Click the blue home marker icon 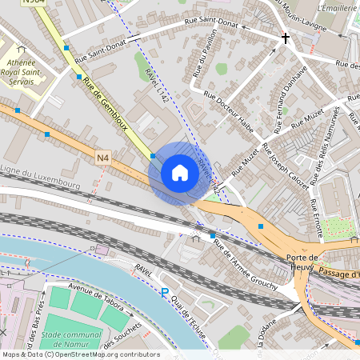[180, 173]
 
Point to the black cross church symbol [285, 38]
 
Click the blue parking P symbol [165, 294]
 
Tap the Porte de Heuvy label [302, 262]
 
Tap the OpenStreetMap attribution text [80, 354]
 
